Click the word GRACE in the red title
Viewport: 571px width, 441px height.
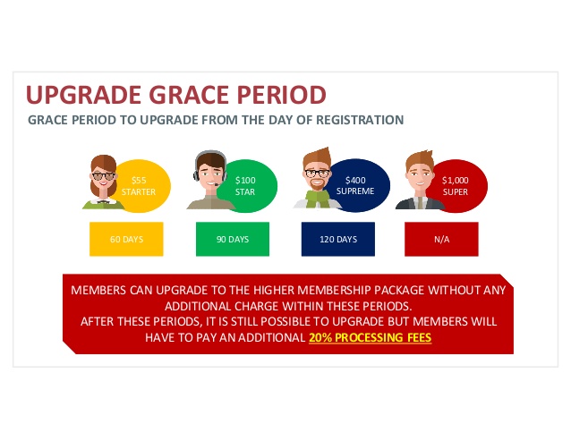point(190,95)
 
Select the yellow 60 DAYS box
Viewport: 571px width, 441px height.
point(126,239)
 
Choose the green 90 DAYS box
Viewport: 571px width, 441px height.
point(233,239)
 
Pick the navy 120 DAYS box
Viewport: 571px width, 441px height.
point(338,239)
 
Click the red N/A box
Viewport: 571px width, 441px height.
point(441,239)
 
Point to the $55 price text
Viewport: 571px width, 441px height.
point(139,180)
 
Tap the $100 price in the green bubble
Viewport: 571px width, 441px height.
point(245,180)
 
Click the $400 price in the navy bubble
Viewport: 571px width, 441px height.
point(355,180)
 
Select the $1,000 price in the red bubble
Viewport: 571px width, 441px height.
point(456,180)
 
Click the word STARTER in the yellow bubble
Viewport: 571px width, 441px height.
point(139,191)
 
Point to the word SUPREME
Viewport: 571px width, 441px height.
point(355,191)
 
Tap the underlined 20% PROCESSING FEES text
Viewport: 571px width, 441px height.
point(370,337)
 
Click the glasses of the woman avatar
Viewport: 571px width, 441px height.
point(104,176)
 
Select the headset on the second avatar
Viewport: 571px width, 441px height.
point(209,165)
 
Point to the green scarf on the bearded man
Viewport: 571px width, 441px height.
point(318,199)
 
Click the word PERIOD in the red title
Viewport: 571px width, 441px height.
point(282,95)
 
